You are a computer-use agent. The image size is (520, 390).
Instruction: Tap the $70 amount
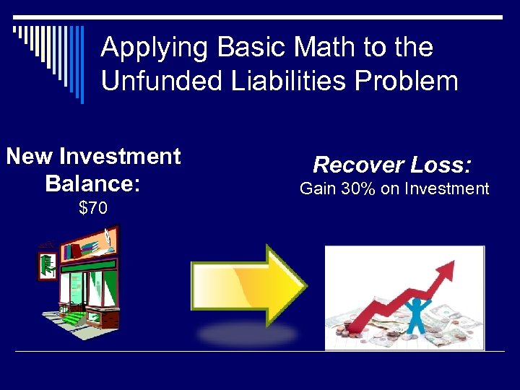pos(93,209)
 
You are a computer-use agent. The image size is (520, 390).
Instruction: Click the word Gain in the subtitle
pos(316,189)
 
